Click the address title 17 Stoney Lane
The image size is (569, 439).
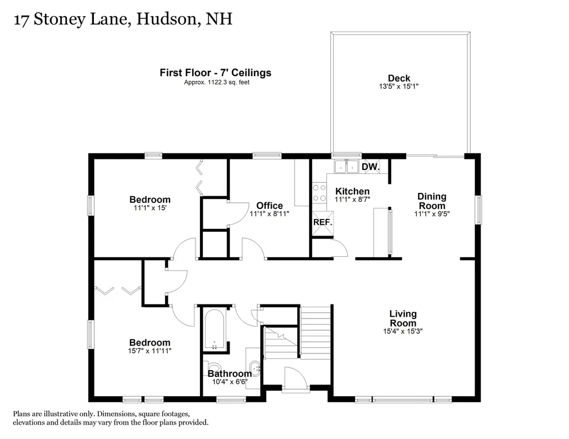point(122,19)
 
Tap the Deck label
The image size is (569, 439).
point(399,78)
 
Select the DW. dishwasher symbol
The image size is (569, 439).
point(371,167)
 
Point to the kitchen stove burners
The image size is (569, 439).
point(320,193)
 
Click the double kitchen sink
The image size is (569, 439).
point(347,166)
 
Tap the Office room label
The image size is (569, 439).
point(269,206)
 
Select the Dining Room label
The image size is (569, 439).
point(432,201)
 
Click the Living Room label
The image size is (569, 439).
point(403,318)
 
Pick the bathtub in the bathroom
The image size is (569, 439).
point(214,330)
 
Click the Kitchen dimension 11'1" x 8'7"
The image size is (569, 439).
point(352,199)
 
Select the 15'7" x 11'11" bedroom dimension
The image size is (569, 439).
point(149,351)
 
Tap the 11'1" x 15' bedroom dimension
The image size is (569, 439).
point(149,208)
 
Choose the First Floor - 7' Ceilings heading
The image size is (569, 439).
point(215,73)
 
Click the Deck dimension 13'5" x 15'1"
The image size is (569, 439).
point(399,87)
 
